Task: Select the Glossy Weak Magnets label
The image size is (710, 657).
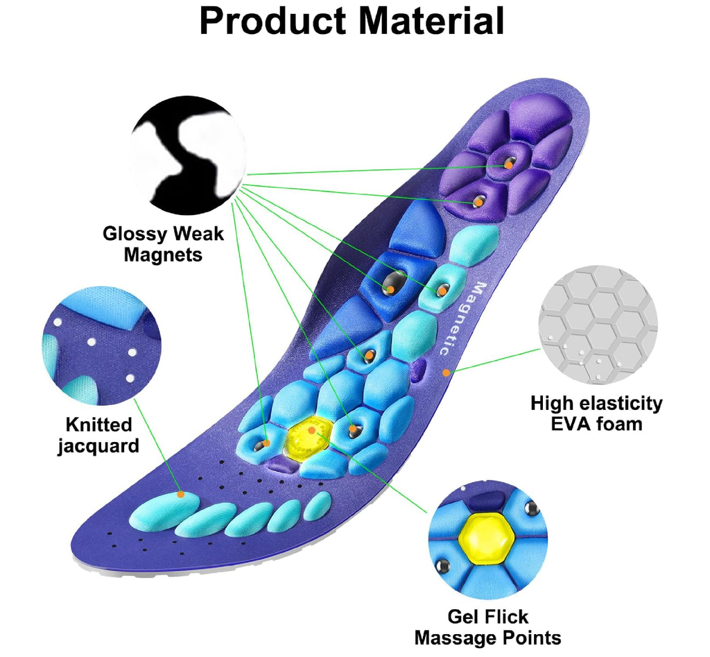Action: (164, 244)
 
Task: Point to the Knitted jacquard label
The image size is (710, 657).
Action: (98, 435)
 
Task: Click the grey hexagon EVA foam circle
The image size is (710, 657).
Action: (598, 326)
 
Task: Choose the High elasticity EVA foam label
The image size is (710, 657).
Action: (596, 413)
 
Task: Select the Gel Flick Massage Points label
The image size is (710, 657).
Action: (487, 627)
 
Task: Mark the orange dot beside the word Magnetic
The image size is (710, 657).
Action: (447, 373)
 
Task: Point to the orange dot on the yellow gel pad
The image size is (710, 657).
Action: (313, 431)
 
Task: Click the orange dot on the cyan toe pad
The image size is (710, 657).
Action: (180, 494)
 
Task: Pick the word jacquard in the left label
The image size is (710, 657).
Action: (98, 445)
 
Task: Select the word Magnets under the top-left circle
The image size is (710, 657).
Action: (164, 254)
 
